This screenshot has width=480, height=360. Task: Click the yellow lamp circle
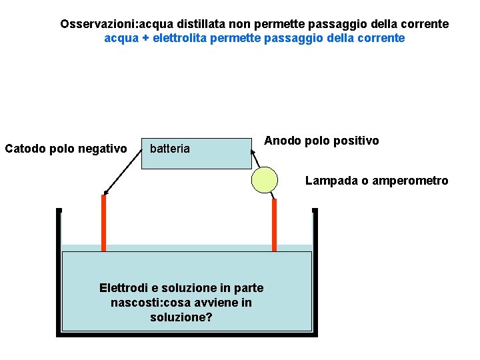265,179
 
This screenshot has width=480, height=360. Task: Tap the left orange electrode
103,223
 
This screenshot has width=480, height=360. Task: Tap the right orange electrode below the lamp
274,224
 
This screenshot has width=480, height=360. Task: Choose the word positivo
354,141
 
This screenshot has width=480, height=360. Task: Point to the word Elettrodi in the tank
124,288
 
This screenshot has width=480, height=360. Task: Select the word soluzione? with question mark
181,317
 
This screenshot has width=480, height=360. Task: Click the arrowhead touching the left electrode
105,192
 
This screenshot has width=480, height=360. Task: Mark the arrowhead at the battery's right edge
253,152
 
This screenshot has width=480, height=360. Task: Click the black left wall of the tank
59,273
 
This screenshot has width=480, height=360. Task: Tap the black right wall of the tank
315,273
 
